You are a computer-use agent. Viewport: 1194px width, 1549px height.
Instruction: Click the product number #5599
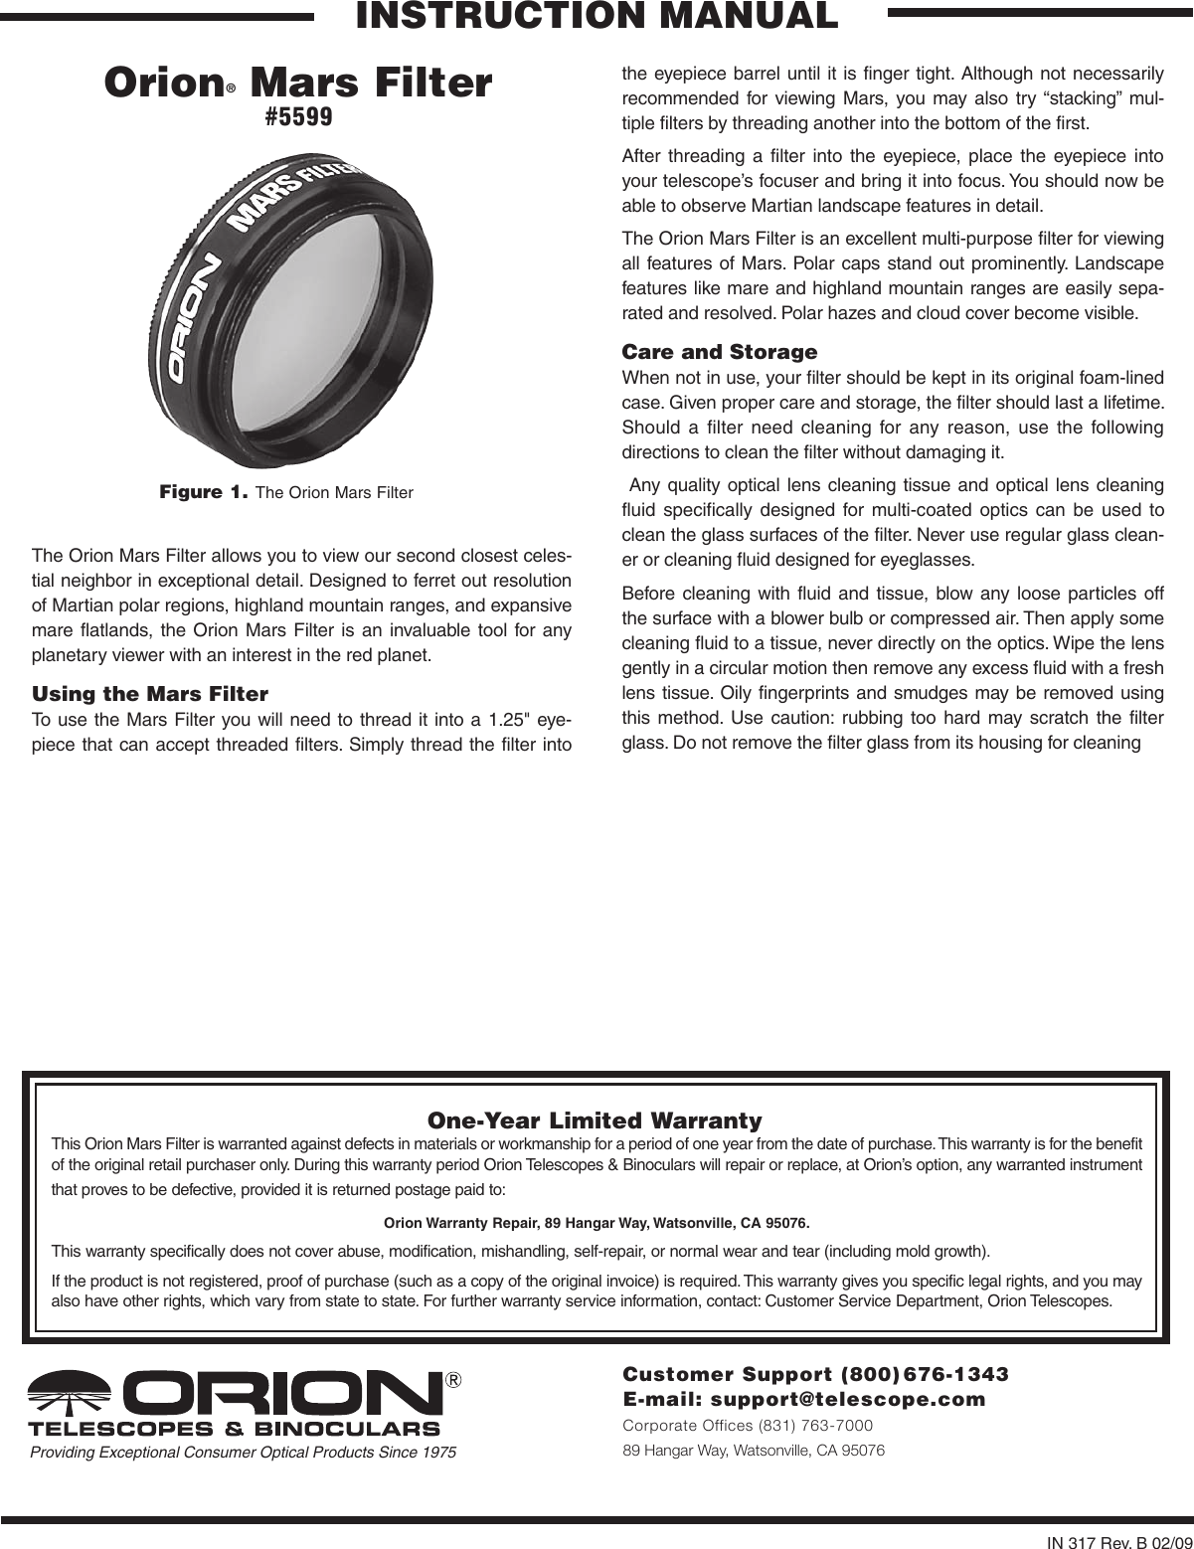click(298, 117)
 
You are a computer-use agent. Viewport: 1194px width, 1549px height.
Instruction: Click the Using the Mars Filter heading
click(150, 692)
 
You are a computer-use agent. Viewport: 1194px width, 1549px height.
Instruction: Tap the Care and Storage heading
click(719, 352)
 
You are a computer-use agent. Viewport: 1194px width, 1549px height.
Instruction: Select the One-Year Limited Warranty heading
click(595, 1120)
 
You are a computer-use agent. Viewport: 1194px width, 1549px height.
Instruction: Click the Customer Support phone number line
click(815, 1374)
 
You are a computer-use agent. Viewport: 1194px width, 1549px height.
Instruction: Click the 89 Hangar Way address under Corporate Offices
click(753, 1450)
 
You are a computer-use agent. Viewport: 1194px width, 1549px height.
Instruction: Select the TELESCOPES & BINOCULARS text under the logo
click(235, 1429)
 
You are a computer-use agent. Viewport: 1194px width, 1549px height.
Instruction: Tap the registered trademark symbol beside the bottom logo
click(453, 1381)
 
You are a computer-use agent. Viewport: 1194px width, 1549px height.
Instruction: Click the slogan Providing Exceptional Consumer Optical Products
click(243, 1453)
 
